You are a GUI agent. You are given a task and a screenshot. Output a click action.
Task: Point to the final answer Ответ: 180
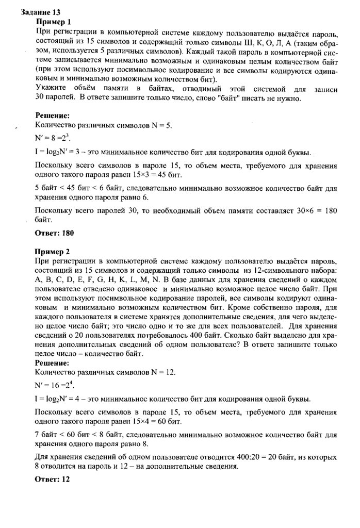(x=54, y=233)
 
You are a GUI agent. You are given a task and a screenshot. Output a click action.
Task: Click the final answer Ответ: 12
(x=52, y=479)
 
